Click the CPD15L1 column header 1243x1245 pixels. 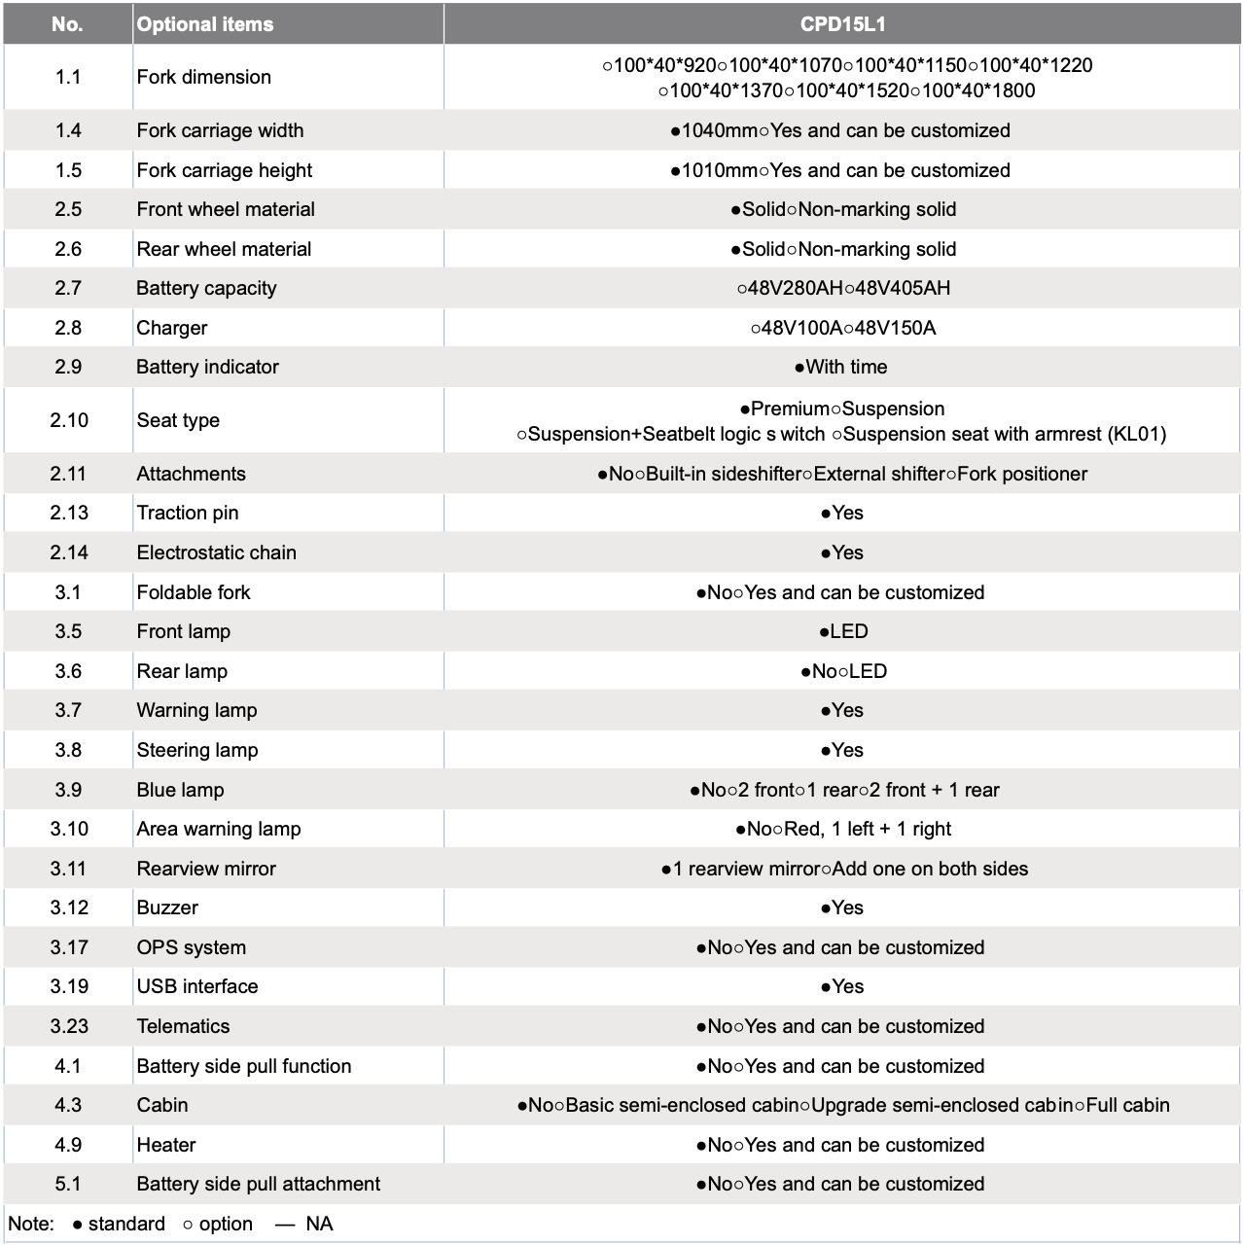click(x=842, y=24)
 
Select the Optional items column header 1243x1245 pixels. click(x=205, y=24)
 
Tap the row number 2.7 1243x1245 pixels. click(x=68, y=288)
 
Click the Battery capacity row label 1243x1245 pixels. click(x=206, y=288)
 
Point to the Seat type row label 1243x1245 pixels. click(x=178, y=420)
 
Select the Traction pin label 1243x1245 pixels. click(x=188, y=513)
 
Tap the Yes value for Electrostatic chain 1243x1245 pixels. click(x=847, y=552)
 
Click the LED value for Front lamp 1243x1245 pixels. click(x=848, y=631)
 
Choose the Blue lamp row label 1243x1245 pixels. click(x=180, y=790)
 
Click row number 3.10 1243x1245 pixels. click(x=68, y=829)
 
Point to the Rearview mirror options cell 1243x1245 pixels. click(x=843, y=869)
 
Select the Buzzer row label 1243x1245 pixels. click(x=167, y=907)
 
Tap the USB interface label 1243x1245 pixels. click(x=197, y=986)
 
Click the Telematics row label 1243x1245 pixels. click(x=183, y=1026)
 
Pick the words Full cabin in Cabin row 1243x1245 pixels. click(x=1127, y=1105)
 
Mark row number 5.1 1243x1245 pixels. click(x=68, y=1184)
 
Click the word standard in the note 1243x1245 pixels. click(x=126, y=1224)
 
